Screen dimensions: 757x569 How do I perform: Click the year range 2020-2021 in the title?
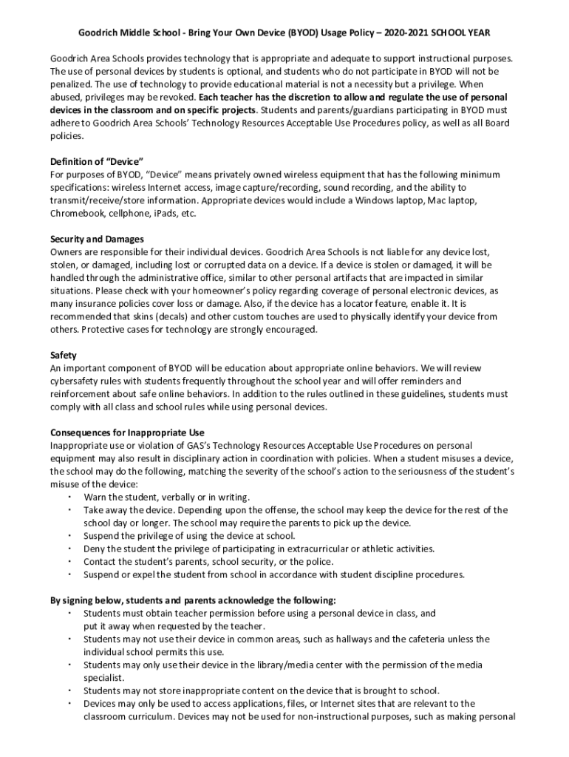(x=409, y=33)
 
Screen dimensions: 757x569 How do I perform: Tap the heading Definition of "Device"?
(x=96, y=161)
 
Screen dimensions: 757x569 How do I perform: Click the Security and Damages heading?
(x=97, y=239)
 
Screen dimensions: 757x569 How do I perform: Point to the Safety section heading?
(x=63, y=355)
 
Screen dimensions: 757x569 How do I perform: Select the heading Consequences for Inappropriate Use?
(x=127, y=432)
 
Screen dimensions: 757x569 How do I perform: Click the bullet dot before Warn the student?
(x=69, y=497)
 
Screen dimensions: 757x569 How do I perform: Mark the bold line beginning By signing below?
(x=193, y=600)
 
